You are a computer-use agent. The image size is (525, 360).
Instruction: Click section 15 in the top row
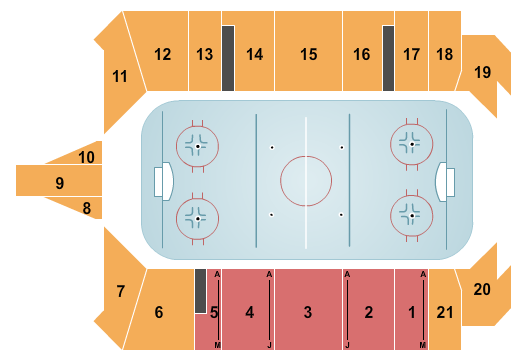[x=307, y=53]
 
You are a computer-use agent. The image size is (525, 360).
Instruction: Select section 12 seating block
[x=162, y=53]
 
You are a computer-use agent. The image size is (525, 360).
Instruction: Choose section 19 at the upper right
[x=482, y=72]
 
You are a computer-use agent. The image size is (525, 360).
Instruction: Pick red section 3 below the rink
[x=308, y=311]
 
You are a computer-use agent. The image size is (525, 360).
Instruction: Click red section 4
[x=250, y=311]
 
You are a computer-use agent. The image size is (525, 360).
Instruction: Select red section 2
[x=368, y=311]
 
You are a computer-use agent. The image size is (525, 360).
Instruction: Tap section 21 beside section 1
[x=444, y=311]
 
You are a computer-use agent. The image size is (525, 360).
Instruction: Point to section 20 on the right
[x=482, y=289]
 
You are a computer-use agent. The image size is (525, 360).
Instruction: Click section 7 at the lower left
[x=121, y=291]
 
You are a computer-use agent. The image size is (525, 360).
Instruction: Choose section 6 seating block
[x=160, y=311]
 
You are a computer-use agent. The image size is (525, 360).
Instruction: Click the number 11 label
[x=120, y=75]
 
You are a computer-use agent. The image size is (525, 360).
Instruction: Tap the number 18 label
[x=444, y=54]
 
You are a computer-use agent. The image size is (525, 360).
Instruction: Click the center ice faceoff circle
[x=306, y=181]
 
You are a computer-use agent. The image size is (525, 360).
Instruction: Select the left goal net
[x=160, y=182]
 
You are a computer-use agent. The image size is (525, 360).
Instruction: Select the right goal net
[x=450, y=182]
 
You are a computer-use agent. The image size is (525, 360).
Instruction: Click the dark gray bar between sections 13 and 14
[x=228, y=57]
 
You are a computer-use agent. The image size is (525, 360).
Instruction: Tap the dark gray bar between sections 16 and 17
[x=388, y=57]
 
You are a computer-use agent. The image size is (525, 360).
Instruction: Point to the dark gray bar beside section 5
[x=200, y=290]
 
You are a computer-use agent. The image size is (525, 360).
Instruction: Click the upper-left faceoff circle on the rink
[x=197, y=146]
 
